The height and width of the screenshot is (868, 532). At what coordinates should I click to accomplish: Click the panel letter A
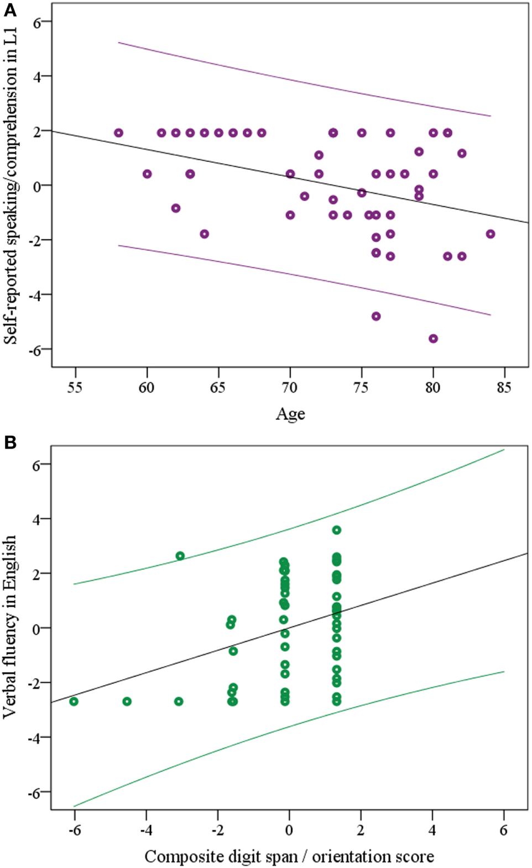tap(9, 9)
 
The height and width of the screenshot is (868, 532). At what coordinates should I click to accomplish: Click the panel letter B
tap(9, 443)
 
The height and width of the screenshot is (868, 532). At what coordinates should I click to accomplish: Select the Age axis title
tap(290, 414)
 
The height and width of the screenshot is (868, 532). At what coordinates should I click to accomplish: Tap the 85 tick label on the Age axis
tap(504, 388)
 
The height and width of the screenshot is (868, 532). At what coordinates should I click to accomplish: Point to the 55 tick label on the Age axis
tap(75, 388)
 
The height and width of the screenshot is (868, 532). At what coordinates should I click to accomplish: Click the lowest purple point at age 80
tap(433, 338)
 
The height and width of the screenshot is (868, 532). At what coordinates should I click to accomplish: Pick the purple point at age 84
tap(491, 234)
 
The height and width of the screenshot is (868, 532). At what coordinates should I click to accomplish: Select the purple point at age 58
tap(118, 133)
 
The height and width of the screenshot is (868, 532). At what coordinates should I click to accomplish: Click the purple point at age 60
tap(147, 173)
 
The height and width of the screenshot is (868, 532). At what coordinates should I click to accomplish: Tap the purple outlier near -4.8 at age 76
tap(376, 316)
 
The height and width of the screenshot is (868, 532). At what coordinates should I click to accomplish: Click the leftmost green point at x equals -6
tap(74, 701)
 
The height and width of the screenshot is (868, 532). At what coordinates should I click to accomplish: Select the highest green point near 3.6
tap(336, 530)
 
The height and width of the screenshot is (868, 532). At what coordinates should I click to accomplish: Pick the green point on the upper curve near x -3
tap(180, 556)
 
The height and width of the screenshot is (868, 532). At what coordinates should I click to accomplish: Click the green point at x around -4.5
tap(127, 701)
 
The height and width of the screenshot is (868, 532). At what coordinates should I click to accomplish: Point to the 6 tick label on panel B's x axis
tap(503, 830)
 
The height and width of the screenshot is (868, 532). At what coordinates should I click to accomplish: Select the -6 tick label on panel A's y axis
tap(36, 350)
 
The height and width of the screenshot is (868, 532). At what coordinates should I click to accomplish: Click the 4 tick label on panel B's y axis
tap(36, 519)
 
